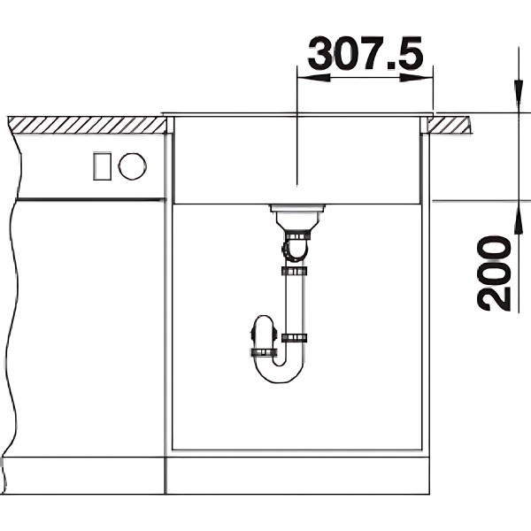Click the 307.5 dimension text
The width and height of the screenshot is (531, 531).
(366, 53)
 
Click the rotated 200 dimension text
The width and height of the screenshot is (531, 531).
(494, 273)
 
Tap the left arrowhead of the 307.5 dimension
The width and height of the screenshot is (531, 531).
(313, 78)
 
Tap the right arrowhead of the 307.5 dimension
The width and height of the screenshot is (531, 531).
(417, 78)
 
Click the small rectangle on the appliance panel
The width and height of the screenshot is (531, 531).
(103, 166)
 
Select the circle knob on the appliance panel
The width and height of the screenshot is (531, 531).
(133, 166)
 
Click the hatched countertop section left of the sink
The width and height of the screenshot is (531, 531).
(88, 125)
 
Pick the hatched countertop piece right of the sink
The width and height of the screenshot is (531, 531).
(449, 125)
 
